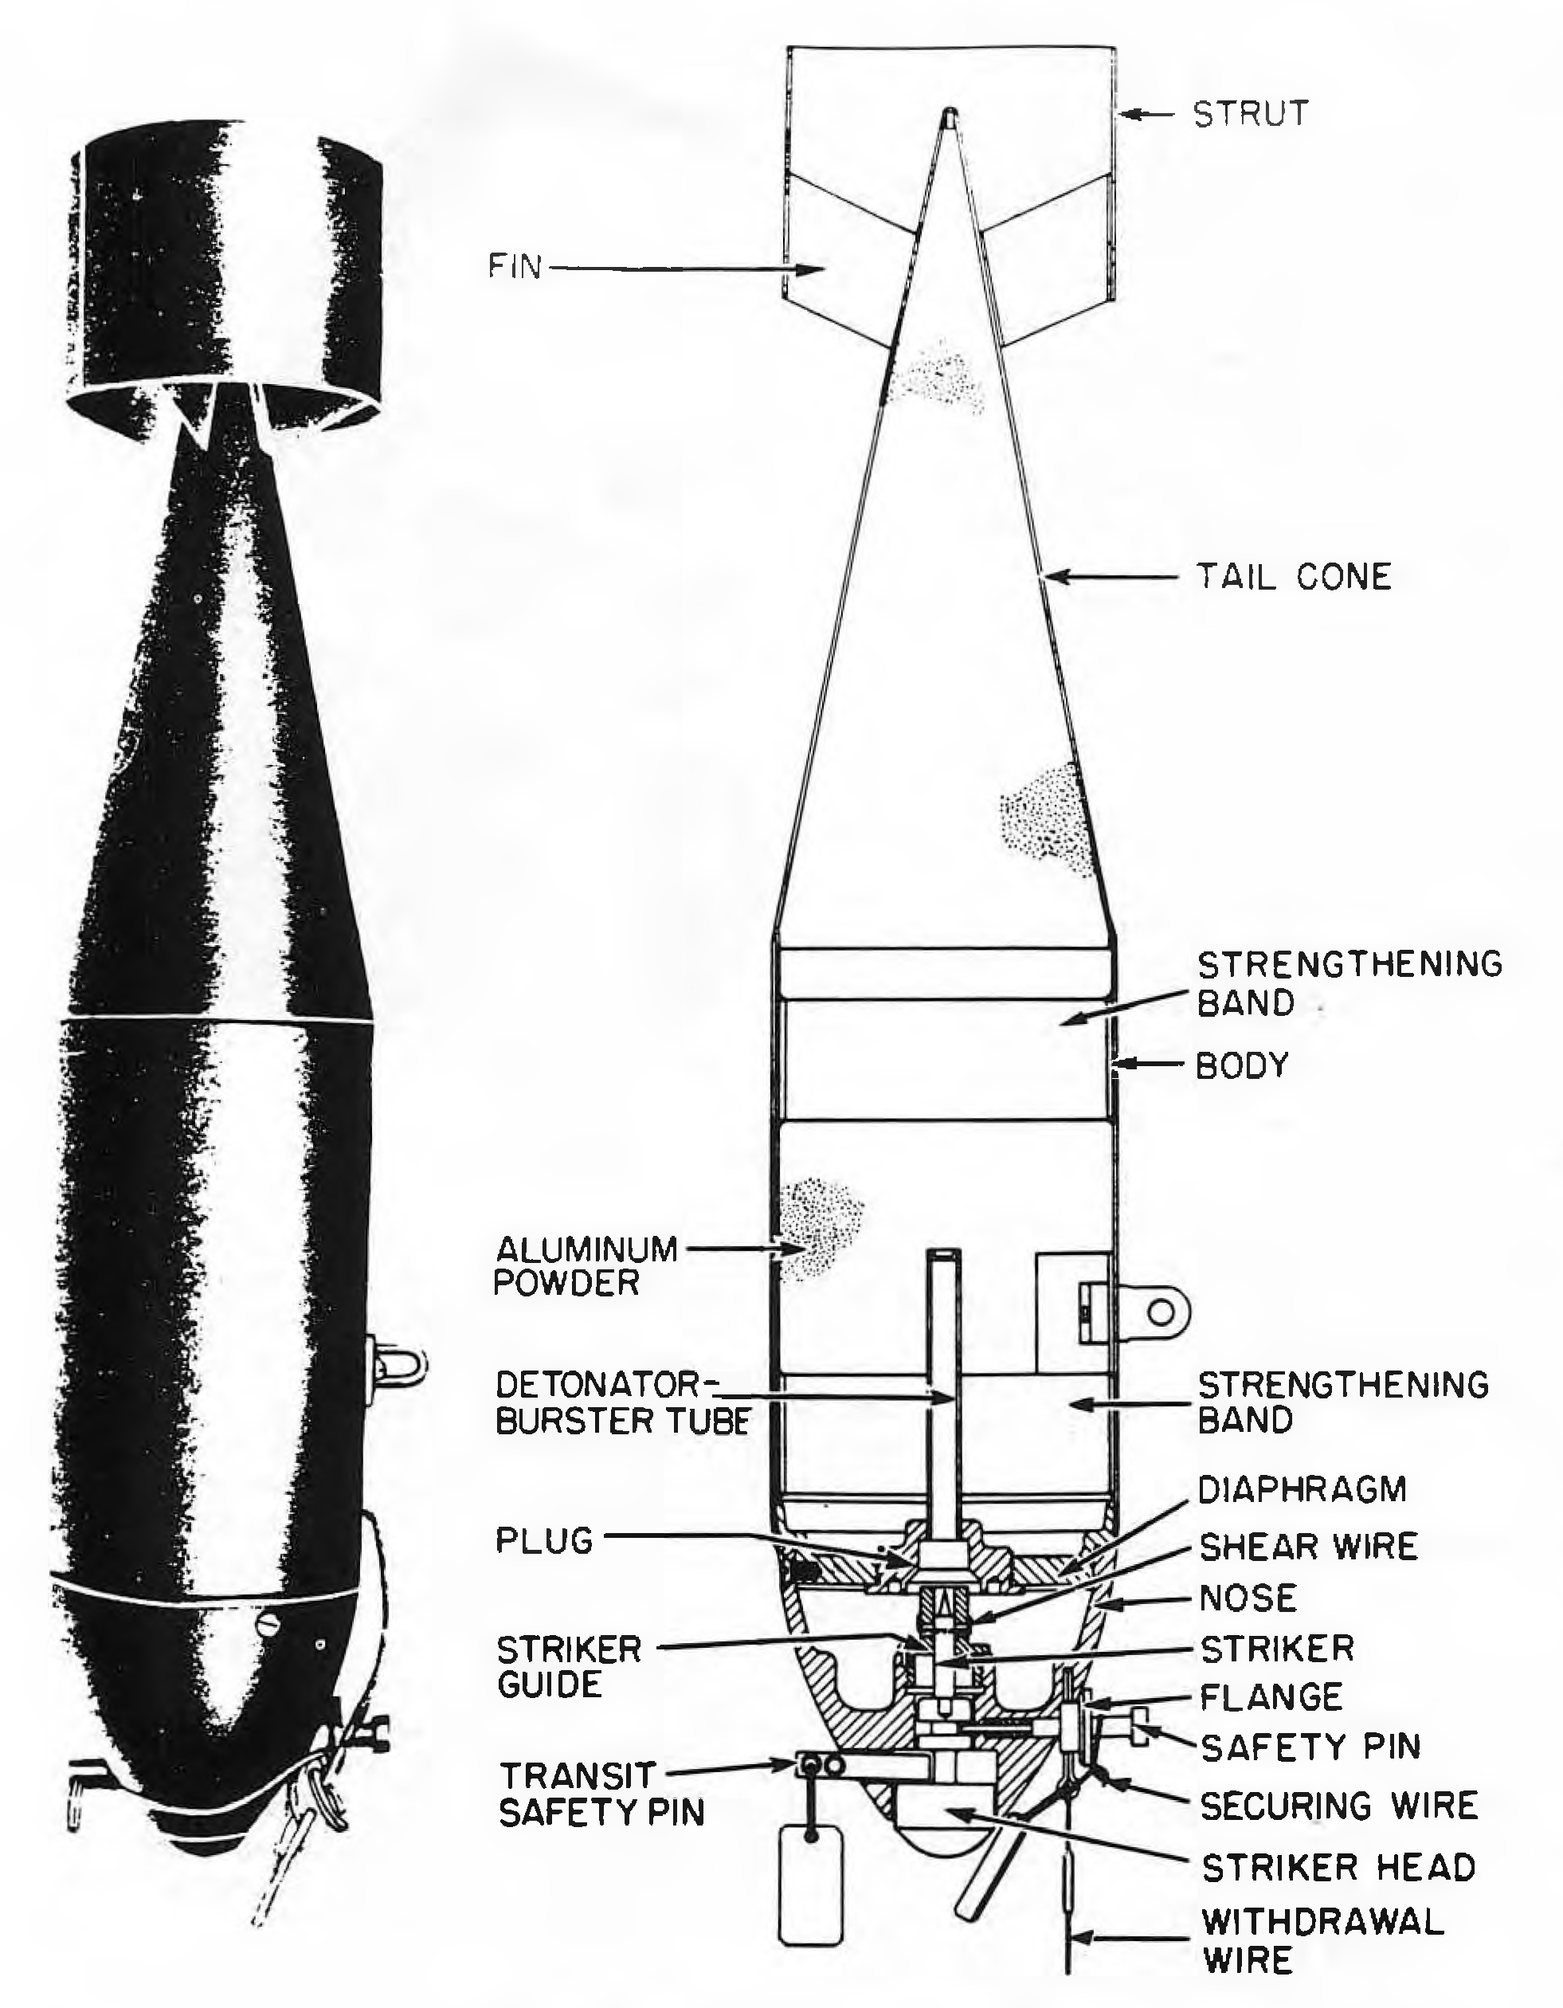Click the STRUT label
pos(1251,113)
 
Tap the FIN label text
pos(515,268)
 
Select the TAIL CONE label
pos(1294,578)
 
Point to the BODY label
pos(1242,1065)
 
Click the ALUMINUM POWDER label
pos(586,1265)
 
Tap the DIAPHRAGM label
pos(1302,1488)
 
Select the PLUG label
pos(544,1540)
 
